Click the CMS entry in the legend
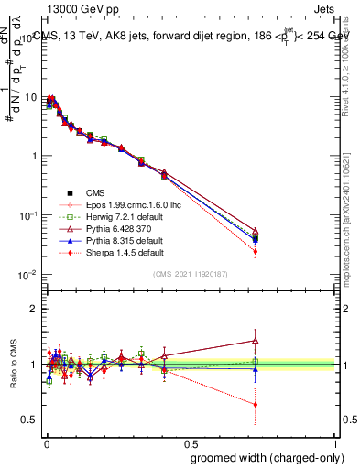[x=95, y=192]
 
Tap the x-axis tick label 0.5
[x=191, y=442]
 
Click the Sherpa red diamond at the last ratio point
[x=256, y=404]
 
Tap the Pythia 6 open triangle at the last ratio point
[x=256, y=341]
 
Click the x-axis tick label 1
[x=336, y=442]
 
